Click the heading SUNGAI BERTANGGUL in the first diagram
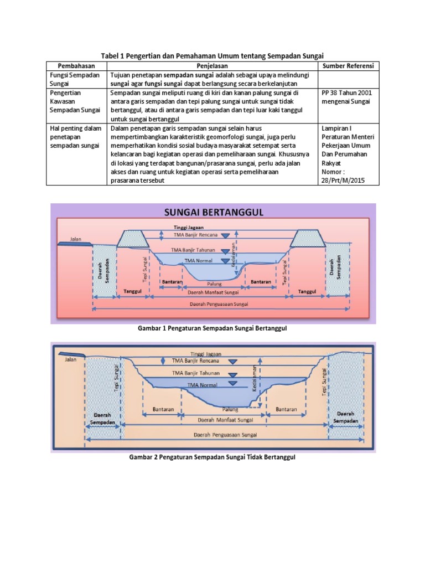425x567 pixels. click(213, 212)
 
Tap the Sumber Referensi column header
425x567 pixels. click(348, 66)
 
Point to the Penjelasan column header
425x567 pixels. click(213, 66)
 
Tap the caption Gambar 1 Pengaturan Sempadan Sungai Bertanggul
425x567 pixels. click(212, 328)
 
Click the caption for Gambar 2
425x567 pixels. click(212, 457)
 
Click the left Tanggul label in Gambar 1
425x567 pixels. click(133, 290)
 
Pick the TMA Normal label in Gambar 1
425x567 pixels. click(198, 260)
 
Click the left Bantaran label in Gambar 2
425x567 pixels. click(163, 409)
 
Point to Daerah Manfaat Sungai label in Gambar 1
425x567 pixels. click(213, 292)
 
